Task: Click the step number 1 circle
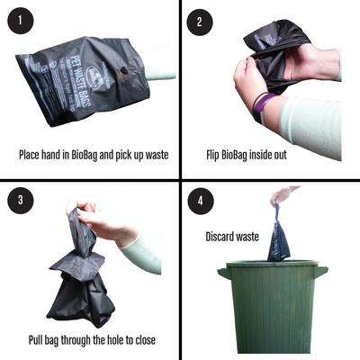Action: click(x=20, y=20)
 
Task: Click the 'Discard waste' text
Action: click(x=232, y=237)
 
